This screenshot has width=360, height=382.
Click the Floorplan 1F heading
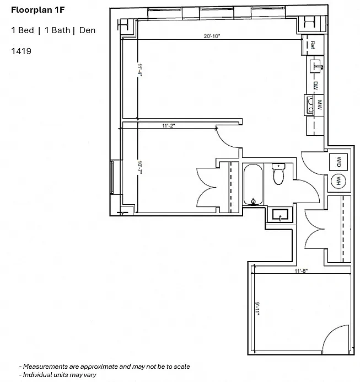pyautogui.click(x=37, y=10)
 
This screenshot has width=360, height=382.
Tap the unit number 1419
pyautogui.click(x=21, y=51)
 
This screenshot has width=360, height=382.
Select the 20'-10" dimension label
pyautogui.click(x=212, y=36)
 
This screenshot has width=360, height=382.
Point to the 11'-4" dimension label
pyautogui.click(x=139, y=70)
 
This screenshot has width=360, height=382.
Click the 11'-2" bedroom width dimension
pyautogui.click(x=169, y=125)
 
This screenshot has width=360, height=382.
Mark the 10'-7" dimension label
pyautogui.click(x=139, y=167)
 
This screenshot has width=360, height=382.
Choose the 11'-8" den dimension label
pyautogui.click(x=301, y=270)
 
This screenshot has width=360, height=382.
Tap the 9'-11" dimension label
pyautogui.click(x=257, y=309)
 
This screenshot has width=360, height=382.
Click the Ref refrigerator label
pyautogui.click(x=313, y=45)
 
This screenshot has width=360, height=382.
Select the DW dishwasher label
pyautogui.click(x=315, y=85)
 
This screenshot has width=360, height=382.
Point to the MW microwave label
pyautogui.click(x=320, y=105)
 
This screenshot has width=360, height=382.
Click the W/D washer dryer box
pyautogui.click(x=338, y=162)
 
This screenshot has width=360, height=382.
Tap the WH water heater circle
pyautogui.click(x=338, y=181)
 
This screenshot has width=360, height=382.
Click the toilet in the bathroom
pyautogui.click(x=278, y=174)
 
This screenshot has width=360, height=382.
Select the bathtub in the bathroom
pyautogui.click(x=253, y=185)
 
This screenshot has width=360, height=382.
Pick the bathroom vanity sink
pyautogui.click(x=280, y=215)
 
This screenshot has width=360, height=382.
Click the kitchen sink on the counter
pyautogui.click(x=316, y=66)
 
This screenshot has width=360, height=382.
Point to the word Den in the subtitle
pyautogui.click(x=87, y=30)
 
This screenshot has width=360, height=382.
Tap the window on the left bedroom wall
pyautogui.click(x=112, y=177)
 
